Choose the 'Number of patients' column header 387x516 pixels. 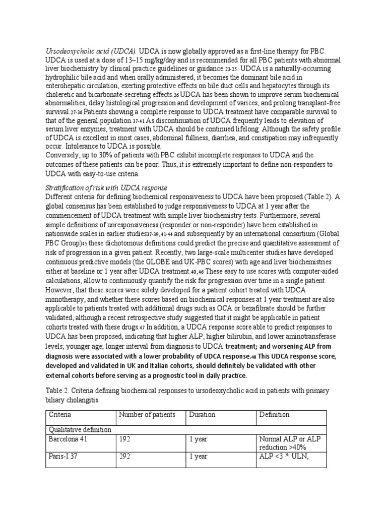(147, 415)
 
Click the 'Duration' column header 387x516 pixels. (202, 415)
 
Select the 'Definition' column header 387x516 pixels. (274, 415)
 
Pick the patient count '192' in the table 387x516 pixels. (124, 439)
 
